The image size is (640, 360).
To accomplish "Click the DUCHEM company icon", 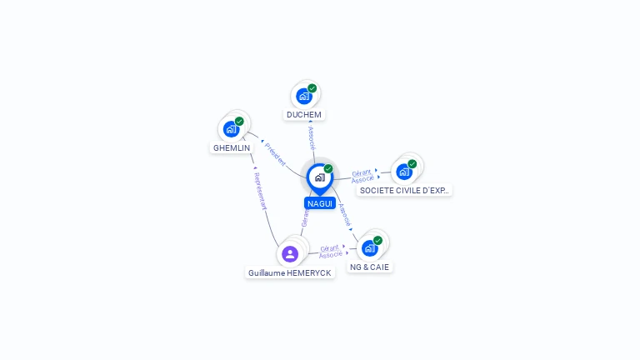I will (x=304, y=96).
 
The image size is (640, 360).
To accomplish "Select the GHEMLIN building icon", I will (x=231, y=129).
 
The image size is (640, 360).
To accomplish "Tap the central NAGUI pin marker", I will (x=319, y=177).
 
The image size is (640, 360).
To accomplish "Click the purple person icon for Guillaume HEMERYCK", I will (x=290, y=254).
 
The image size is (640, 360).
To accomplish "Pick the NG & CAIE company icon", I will (x=370, y=248).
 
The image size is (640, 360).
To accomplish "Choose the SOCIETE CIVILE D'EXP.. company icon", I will (x=404, y=172).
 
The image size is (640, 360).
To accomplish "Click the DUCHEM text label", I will (x=303, y=115).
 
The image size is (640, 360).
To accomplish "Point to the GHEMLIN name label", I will (x=232, y=148).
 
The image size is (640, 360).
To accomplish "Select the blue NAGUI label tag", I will (x=320, y=203).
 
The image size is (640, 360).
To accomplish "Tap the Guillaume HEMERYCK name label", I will (x=290, y=272).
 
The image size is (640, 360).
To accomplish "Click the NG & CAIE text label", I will (x=369, y=267).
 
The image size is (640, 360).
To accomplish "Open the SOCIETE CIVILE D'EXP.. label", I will (x=404, y=191).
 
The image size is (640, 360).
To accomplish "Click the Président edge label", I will (x=275, y=153).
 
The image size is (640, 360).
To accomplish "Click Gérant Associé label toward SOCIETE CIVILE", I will (x=362, y=176).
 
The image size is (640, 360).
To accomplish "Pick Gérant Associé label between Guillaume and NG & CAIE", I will (x=331, y=251).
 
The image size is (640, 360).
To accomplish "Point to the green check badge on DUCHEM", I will (x=312, y=88).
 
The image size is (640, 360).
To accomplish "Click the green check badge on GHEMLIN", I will (x=239, y=122).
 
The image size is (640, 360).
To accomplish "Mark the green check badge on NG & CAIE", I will (x=377, y=241).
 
